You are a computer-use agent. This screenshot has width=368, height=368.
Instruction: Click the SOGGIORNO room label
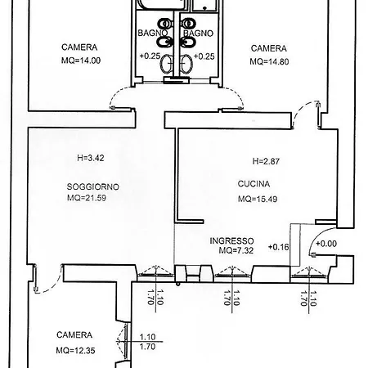click(x=93, y=186)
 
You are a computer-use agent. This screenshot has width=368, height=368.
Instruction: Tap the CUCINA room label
click(x=254, y=184)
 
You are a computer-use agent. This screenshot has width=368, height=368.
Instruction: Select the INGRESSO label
click(x=231, y=240)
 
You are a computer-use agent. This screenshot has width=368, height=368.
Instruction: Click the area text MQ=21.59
click(x=87, y=198)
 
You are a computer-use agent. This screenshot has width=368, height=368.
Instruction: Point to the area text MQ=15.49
click(x=258, y=199)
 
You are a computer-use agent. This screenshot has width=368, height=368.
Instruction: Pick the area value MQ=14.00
click(x=81, y=61)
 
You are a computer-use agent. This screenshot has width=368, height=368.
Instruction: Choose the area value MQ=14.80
click(x=269, y=61)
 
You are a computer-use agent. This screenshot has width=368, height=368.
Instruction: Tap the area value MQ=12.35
click(x=75, y=350)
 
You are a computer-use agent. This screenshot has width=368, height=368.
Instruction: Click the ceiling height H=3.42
click(x=91, y=158)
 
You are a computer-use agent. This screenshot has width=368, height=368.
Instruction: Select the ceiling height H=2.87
click(x=266, y=161)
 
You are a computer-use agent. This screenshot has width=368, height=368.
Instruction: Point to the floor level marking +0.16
click(x=278, y=247)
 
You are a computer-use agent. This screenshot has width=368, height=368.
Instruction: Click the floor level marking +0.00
click(x=326, y=244)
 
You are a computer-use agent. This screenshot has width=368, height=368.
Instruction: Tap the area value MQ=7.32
click(x=236, y=250)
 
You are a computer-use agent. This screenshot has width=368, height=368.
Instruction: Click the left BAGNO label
click(x=152, y=33)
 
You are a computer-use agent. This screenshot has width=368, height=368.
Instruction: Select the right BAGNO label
click(x=198, y=34)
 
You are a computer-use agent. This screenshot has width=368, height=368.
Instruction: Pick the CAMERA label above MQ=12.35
click(x=74, y=334)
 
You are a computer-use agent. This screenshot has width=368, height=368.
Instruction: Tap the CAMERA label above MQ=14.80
click(x=269, y=48)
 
